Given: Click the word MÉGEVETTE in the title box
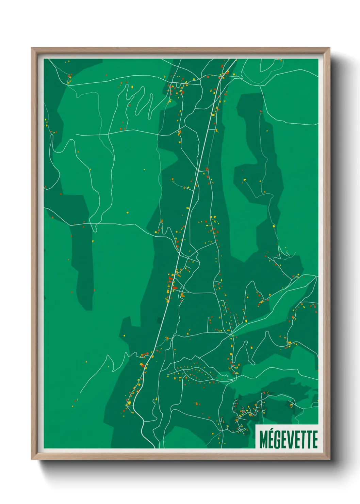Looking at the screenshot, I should click(288, 440).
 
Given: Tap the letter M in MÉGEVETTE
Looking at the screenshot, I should click(263, 440).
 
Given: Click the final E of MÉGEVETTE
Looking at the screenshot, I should click(315, 440).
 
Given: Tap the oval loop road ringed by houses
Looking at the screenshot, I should click(194, 375).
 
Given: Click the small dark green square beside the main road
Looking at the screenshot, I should click(159, 320).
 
